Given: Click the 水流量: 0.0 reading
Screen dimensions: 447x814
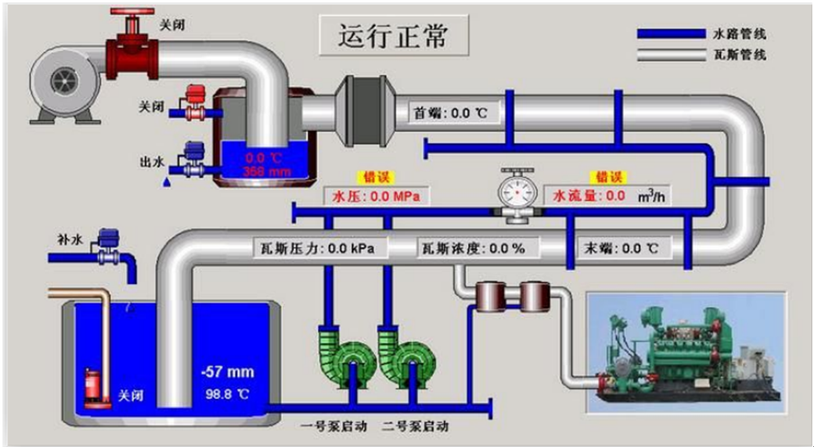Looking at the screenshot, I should [x=589, y=196].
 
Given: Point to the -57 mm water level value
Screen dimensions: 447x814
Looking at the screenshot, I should [x=227, y=372].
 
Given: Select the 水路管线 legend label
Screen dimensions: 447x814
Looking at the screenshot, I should [x=738, y=34].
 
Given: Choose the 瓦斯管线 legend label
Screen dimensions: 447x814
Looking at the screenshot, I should [x=738, y=55].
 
